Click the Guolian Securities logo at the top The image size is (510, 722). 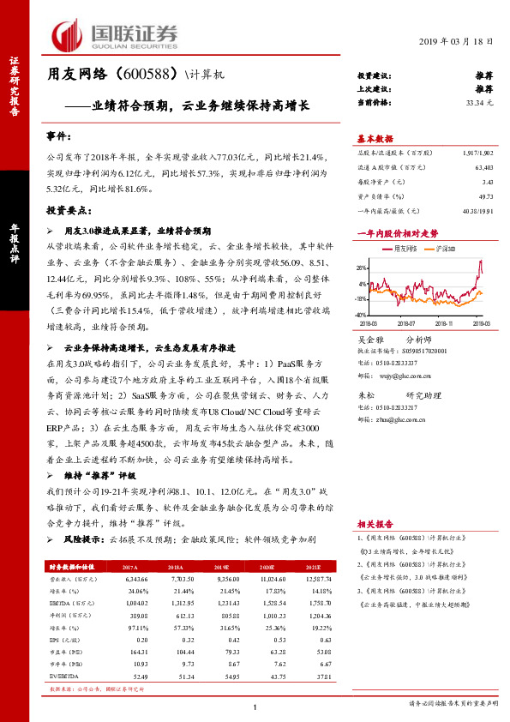(x=115, y=34)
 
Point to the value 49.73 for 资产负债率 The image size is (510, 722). (x=485, y=196)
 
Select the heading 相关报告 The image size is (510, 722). (x=375, y=522)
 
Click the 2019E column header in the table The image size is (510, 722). (x=220, y=567)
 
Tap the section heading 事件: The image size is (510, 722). (x=61, y=136)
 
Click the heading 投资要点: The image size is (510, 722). (x=68, y=209)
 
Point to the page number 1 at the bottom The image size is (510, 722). (x=255, y=706)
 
